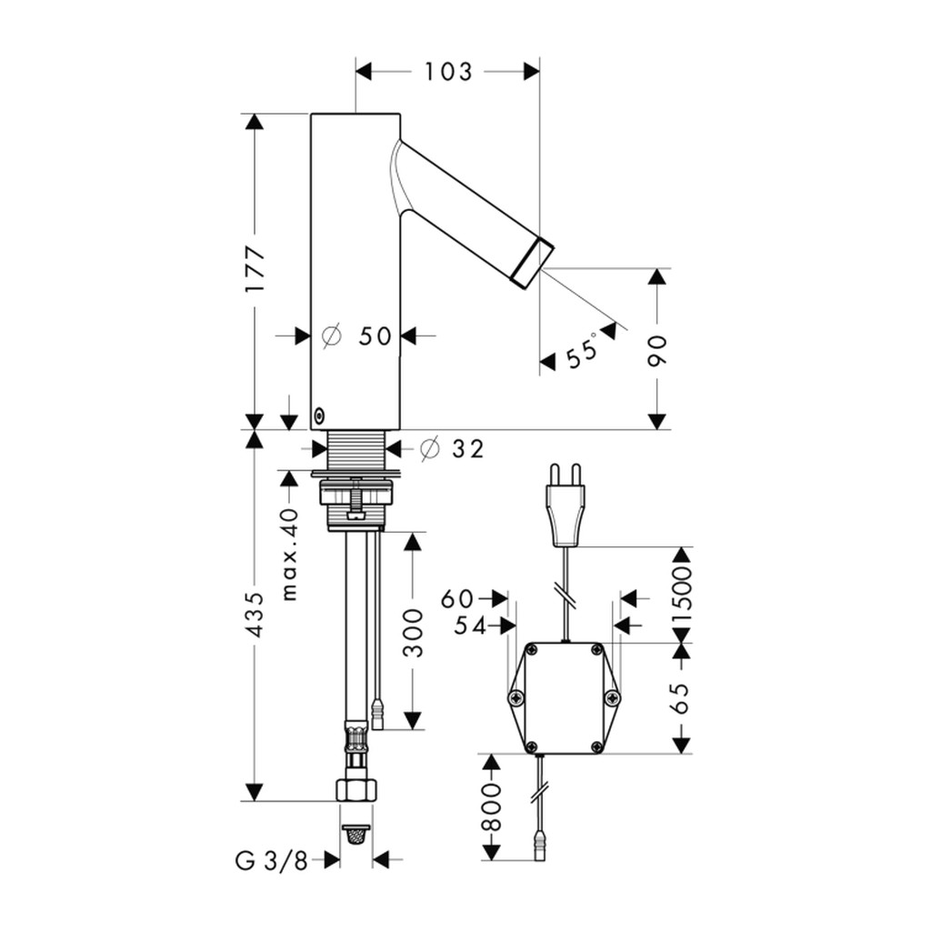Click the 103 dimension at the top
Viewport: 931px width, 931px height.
point(448,72)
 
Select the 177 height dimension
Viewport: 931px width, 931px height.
point(255,269)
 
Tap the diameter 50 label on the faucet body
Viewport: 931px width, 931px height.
point(356,336)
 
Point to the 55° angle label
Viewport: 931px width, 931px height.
point(582,353)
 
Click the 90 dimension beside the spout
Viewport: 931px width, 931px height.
point(657,351)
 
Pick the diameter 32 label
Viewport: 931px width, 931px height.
point(452,449)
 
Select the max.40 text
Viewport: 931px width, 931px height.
point(290,554)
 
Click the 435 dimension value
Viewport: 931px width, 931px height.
point(255,615)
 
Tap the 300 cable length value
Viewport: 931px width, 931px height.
point(414,633)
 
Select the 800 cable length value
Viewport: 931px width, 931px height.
point(491,806)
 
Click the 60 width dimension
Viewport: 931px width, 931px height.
point(457,599)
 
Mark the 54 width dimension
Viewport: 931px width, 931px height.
point(470,626)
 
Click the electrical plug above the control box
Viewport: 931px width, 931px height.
point(566,505)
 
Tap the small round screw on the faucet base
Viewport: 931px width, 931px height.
point(319,415)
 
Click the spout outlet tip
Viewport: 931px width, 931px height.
point(533,264)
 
